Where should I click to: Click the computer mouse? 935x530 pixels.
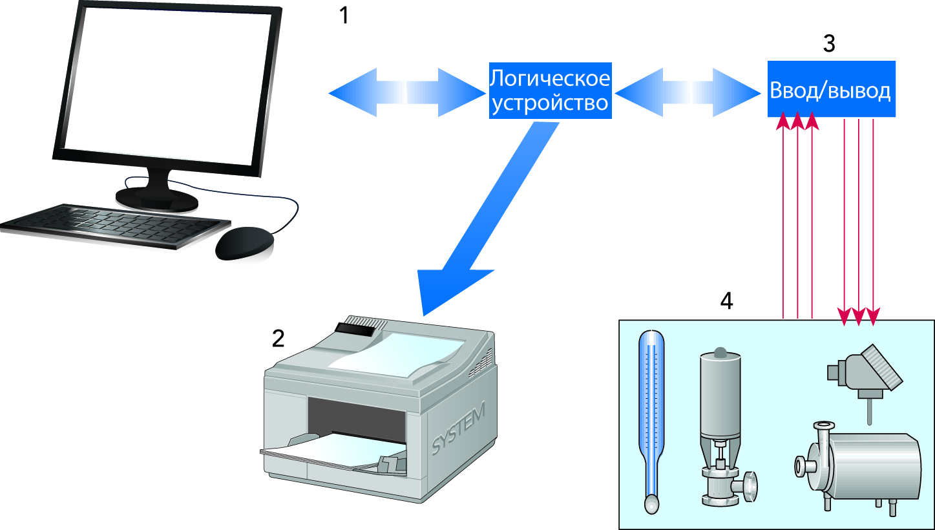point(244,243)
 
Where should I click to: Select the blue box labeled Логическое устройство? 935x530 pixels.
point(549,91)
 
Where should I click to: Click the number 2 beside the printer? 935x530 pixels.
point(278,338)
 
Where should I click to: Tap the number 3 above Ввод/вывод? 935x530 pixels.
point(829,43)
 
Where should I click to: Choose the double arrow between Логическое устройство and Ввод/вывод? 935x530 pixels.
point(686,92)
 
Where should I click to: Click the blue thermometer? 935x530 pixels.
point(651,420)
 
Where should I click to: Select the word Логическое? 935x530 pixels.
point(549,79)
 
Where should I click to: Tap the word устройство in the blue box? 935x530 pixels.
point(549,103)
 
